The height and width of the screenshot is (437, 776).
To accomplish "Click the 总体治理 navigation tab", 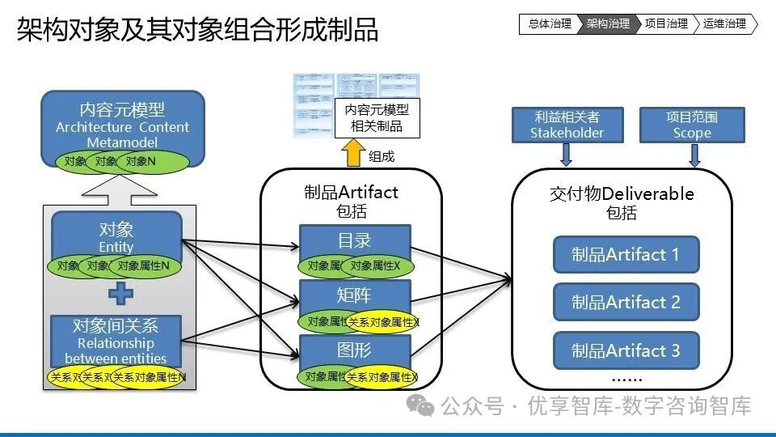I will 549,24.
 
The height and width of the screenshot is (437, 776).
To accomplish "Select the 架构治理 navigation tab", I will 608,24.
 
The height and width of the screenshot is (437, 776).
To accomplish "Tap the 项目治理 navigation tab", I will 666,24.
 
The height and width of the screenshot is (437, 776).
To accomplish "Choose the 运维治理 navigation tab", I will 725,24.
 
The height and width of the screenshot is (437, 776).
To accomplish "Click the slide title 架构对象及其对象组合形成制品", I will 197,31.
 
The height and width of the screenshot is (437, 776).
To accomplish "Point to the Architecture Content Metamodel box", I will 122,122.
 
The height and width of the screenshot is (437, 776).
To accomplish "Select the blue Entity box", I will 116,233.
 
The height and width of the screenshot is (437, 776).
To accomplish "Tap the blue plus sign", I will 120,293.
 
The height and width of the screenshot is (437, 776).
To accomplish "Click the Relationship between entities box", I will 116,340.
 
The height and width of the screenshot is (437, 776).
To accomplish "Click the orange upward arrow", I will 352,152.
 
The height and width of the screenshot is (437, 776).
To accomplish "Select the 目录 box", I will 355,240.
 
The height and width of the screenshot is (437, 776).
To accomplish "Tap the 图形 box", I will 355,349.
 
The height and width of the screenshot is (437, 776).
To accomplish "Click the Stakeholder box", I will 567,125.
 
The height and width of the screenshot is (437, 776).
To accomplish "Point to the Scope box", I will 692,125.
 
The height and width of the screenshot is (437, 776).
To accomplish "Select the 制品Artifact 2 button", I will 626,302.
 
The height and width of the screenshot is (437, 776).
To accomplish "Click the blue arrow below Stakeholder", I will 567,154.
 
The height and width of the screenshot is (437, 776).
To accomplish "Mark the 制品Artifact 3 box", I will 626,350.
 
